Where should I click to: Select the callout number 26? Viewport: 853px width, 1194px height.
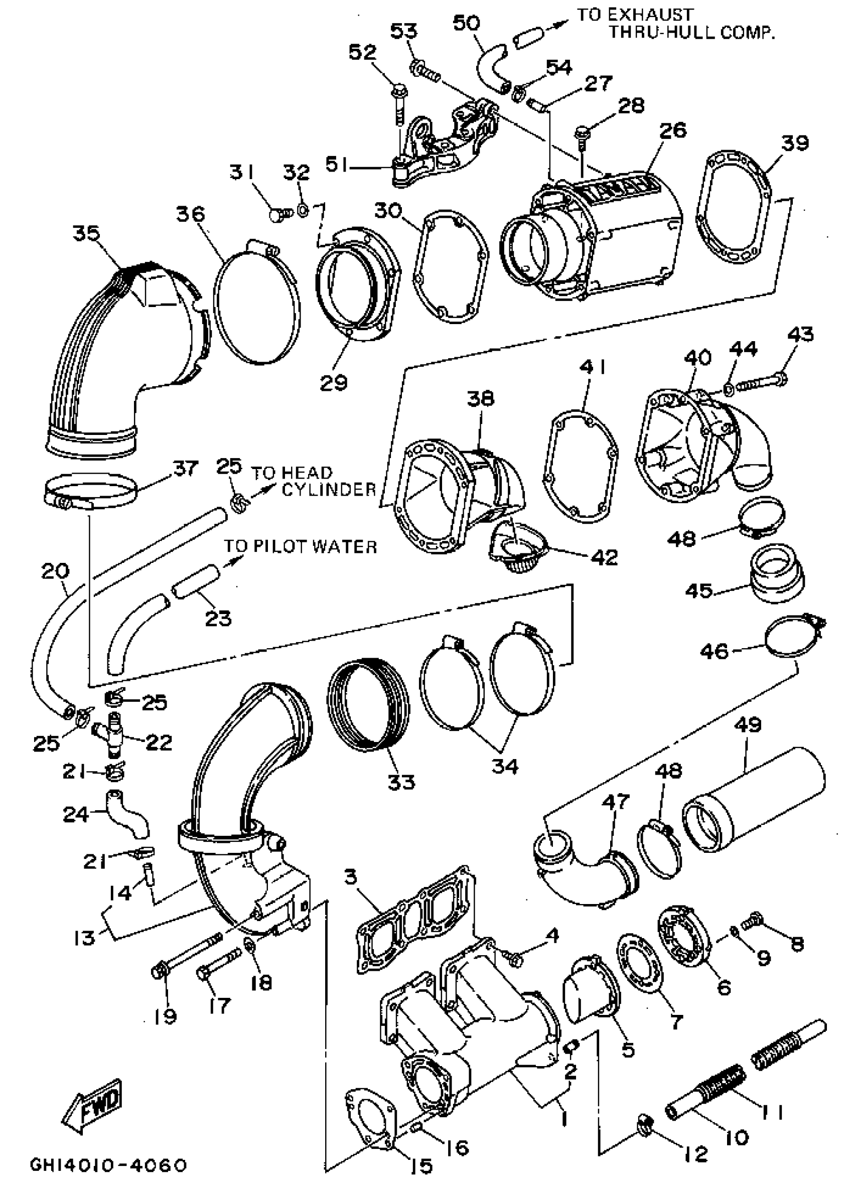pyautogui.click(x=673, y=130)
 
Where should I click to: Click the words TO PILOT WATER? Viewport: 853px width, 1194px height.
pyautogui.click(x=301, y=547)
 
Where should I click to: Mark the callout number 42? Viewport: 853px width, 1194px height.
pyautogui.click(x=604, y=556)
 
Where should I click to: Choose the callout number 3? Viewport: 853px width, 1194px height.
pyautogui.click(x=350, y=876)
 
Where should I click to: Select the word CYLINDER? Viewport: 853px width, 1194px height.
pyautogui.click(x=329, y=489)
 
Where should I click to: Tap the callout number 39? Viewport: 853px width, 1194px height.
pyautogui.click(x=794, y=142)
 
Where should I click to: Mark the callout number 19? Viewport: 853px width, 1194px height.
pyautogui.click(x=166, y=1017)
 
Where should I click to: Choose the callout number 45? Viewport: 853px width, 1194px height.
pyautogui.click(x=698, y=590)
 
